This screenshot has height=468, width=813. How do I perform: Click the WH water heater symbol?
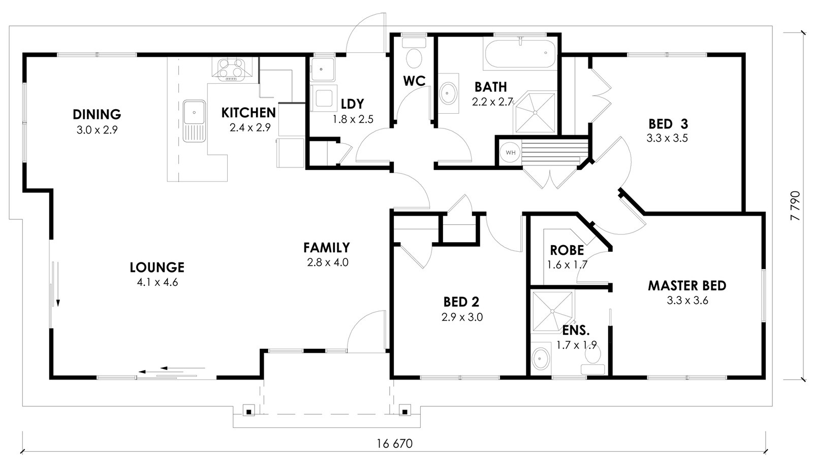(x=510, y=152)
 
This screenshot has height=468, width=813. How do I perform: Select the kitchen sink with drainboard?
(x=195, y=121)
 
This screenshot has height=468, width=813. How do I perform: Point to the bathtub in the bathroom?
(x=520, y=54)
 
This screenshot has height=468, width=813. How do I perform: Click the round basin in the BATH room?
(x=449, y=93)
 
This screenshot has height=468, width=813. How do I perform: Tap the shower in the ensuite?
(x=552, y=311)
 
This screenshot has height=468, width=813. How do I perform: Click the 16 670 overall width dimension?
(x=394, y=444)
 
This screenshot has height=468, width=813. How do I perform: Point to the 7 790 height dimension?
(x=795, y=206)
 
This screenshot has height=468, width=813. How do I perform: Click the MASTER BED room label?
(x=687, y=286)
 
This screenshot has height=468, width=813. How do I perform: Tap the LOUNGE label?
(x=157, y=268)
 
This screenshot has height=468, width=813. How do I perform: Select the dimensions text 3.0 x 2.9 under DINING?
(x=97, y=130)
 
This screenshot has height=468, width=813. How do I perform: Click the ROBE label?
(x=567, y=250)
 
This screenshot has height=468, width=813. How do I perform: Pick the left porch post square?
(x=249, y=412)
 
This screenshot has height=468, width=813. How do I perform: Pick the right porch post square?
(x=404, y=412)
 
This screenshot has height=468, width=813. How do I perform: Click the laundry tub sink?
(x=322, y=69)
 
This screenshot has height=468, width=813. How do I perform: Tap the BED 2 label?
(x=461, y=302)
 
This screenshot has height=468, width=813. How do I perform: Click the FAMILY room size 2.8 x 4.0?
(x=328, y=262)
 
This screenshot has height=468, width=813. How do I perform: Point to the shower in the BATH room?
(x=535, y=113)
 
